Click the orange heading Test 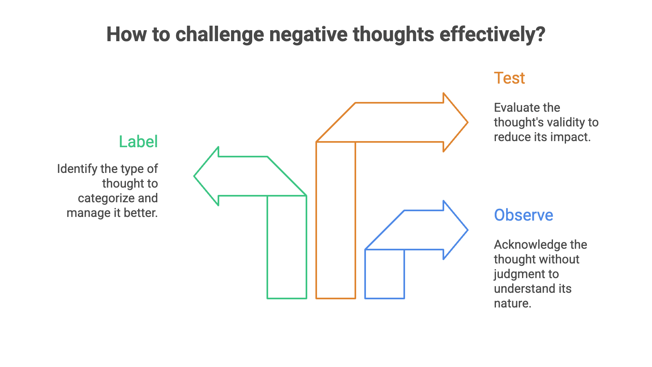509,78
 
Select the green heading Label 138,141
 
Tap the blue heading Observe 524,215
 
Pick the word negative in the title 308,34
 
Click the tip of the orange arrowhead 467,122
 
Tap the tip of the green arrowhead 195,176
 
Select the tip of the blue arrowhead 467,230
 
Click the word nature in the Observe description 512,303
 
